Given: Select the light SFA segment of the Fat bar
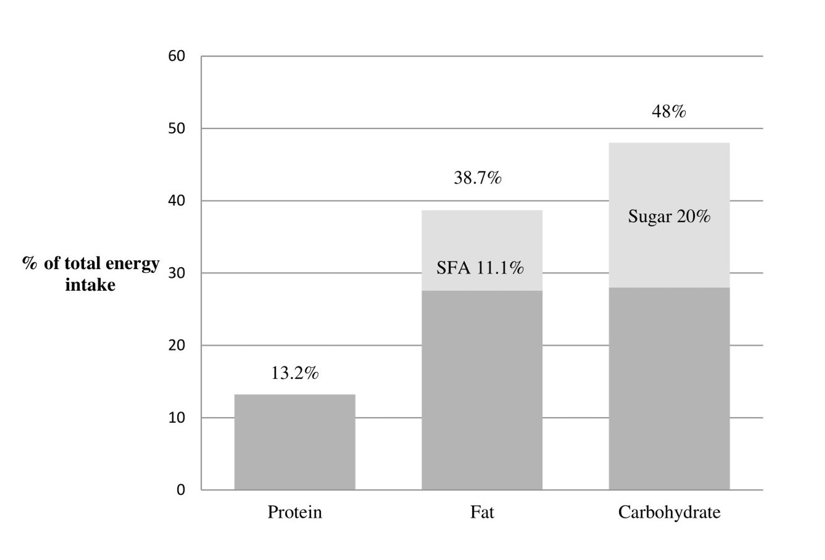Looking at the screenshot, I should (482, 241).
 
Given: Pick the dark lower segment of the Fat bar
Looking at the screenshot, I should (482, 390).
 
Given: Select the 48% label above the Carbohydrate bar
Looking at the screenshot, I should (669, 111).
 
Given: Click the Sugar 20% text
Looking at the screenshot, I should (669, 216).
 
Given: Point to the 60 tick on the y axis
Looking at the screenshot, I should (177, 56).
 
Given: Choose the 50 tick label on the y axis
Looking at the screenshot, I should (177, 128).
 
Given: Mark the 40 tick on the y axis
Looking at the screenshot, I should (177, 201).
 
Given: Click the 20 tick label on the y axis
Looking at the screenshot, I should (177, 345).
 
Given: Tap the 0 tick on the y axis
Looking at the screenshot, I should (181, 490).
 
